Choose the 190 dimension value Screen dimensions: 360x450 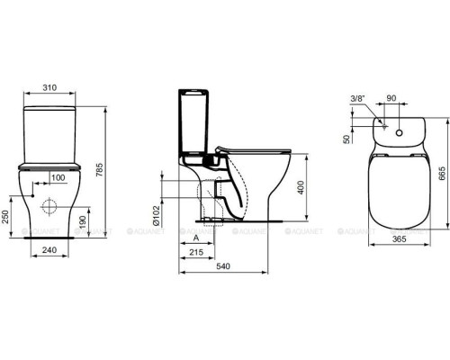85,220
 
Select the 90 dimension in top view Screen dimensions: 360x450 390,96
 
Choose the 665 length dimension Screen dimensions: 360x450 441,174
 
